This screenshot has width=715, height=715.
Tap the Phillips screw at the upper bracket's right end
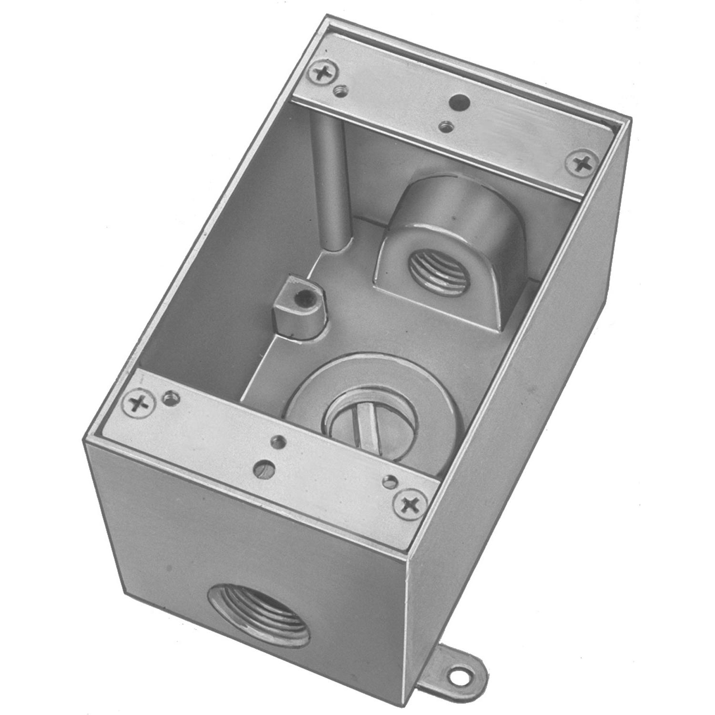tap(583, 164)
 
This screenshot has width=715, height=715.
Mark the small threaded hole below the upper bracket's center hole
tap(447, 126)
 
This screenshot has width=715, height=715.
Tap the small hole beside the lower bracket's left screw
tap(170, 397)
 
